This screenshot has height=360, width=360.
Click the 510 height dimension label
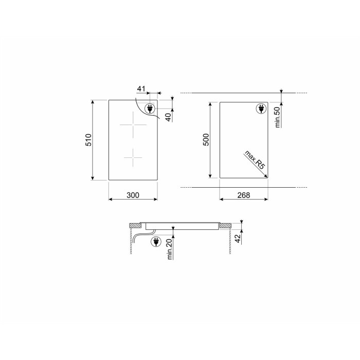[x=88, y=140]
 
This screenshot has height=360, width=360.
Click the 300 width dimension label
[x=133, y=195]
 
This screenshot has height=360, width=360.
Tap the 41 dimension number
[x=141, y=88]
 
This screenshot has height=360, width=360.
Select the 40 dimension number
[x=169, y=117]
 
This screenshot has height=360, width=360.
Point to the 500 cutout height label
[x=206, y=139]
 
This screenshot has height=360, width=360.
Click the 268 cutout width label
[x=244, y=195]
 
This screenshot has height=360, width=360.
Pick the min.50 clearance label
[x=278, y=117]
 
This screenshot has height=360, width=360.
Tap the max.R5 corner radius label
[x=255, y=160]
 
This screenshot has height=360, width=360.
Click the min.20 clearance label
[x=170, y=249]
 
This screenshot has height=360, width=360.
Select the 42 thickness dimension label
[x=238, y=239]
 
